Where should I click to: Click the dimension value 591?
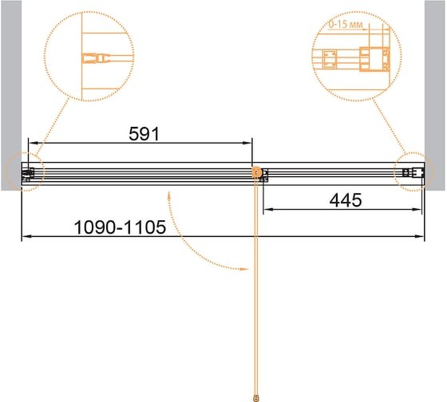144,134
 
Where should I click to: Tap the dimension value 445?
346,200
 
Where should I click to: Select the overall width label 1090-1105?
120,227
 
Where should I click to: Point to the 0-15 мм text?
346,25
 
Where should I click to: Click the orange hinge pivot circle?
257,172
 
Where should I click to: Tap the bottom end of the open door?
256,398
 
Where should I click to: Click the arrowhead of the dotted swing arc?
244,269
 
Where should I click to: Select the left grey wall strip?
11,96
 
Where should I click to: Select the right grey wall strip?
435,96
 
